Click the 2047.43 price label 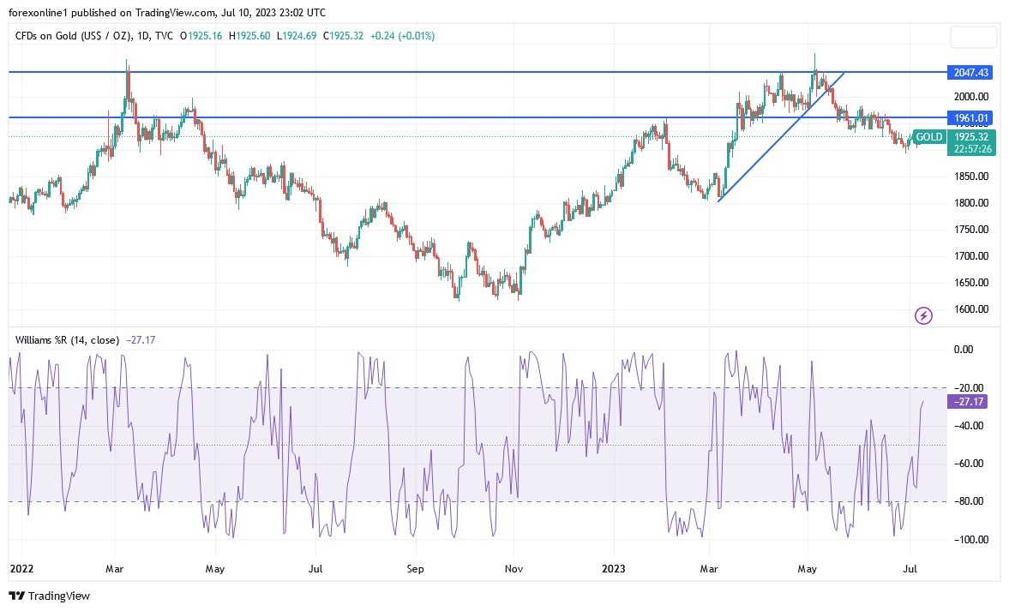[967, 73]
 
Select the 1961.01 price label [967, 117]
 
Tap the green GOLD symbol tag [928, 137]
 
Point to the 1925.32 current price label [971, 137]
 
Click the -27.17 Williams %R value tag [966, 401]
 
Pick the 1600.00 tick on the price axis [971, 309]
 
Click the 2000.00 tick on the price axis [971, 97]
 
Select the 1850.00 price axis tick [971, 177]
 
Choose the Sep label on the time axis [415, 568]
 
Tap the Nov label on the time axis [514, 568]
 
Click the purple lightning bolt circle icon [924, 316]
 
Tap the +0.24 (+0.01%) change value [403, 36]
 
